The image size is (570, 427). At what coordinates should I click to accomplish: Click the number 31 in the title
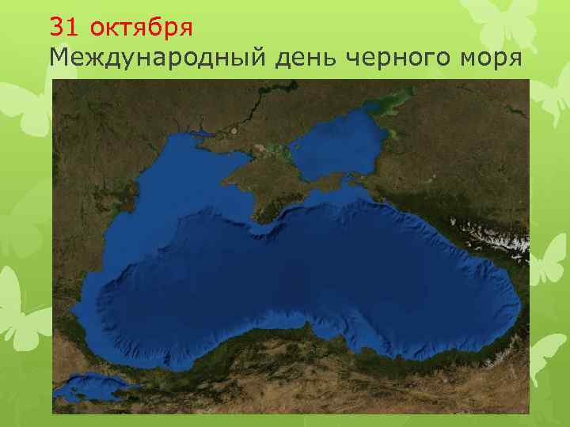tap(65, 27)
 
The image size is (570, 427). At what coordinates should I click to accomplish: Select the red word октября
tap(141, 27)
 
